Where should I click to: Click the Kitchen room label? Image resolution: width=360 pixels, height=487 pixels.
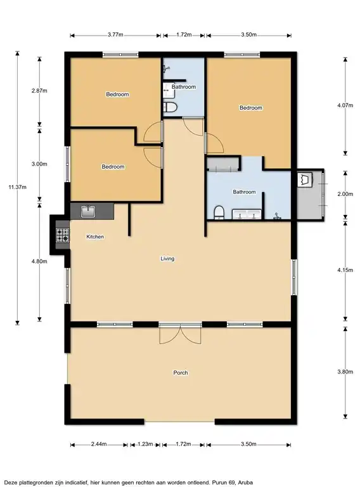pyautogui.click(x=95, y=237)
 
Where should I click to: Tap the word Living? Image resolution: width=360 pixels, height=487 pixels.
pyautogui.click(x=167, y=259)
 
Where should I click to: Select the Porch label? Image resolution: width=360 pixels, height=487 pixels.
pyautogui.click(x=181, y=373)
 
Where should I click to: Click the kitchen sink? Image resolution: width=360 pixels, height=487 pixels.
pyautogui.click(x=88, y=212)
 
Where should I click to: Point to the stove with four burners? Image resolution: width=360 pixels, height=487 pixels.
pyautogui.click(x=62, y=235)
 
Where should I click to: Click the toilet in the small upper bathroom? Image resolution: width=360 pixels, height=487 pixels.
pyautogui.click(x=170, y=107)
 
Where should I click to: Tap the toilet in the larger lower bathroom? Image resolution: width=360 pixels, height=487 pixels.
pyautogui.click(x=219, y=212)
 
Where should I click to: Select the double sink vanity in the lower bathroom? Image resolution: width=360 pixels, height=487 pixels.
pyautogui.click(x=247, y=214)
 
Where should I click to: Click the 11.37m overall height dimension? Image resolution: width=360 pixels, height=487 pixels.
pyautogui.click(x=17, y=187)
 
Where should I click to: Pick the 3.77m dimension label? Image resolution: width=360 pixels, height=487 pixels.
pyautogui.click(x=115, y=35)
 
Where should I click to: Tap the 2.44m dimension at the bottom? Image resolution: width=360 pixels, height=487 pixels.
pyautogui.click(x=99, y=444)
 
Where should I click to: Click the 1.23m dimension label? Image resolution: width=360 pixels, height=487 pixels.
pyautogui.click(x=145, y=444)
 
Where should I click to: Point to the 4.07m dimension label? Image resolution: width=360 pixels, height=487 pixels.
pyautogui.click(x=345, y=105)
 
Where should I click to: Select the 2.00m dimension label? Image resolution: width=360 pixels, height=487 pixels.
pyautogui.click(x=345, y=194)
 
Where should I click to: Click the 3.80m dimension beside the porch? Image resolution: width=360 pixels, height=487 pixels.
pyautogui.click(x=345, y=372)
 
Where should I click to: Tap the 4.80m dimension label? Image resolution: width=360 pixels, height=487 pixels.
pyautogui.click(x=39, y=261)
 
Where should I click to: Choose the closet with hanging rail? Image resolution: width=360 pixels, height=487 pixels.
pyautogui.click(x=224, y=164)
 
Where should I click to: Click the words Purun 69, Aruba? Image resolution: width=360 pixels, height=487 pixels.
pyautogui.click(x=233, y=483)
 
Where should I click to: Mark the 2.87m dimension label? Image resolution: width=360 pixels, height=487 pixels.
pyautogui.click(x=39, y=91)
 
